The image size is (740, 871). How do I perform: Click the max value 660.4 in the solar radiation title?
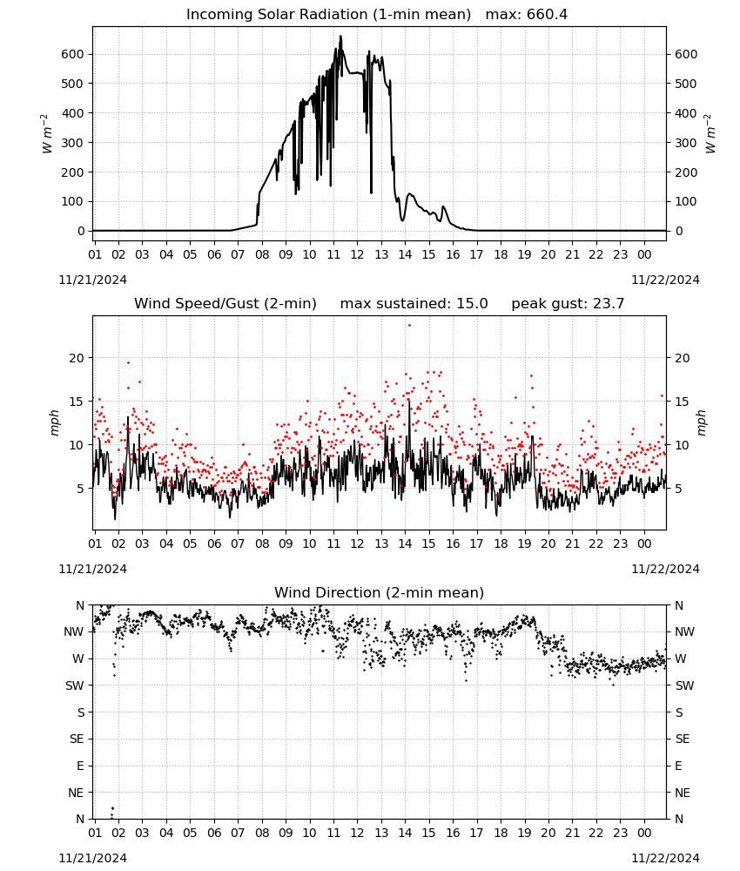(x=547, y=15)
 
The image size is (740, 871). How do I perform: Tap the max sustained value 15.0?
(x=472, y=304)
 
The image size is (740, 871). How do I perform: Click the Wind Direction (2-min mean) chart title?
(x=380, y=592)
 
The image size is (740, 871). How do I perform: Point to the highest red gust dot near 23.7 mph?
(x=410, y=325)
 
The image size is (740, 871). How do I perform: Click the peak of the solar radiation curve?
(x=341, y=37)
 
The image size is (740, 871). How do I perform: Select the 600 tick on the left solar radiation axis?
(x=73, y=54)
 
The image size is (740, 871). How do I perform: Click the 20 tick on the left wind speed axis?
(x=77, y=358)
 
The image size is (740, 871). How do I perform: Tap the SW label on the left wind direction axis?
(x=75, y=685)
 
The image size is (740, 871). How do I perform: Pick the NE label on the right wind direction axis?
(x=683, y=793)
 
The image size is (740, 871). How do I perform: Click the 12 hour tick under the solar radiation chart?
(x=357, y=254)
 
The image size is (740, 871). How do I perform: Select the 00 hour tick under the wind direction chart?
(x=644, y=833)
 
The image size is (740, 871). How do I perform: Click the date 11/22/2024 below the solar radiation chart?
(x=665, y=280)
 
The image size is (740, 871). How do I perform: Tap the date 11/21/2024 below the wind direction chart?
(x=92, y=858)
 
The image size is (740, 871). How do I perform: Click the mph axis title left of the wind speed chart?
(x=54, y=422)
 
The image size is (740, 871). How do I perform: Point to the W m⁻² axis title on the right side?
(x=710, y=134)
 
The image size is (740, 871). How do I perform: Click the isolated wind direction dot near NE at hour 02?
(x=112, y=808)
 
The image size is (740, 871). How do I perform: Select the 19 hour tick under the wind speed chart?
(x=525, y=544)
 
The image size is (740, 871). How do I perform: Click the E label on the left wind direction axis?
(x=80, y=766)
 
